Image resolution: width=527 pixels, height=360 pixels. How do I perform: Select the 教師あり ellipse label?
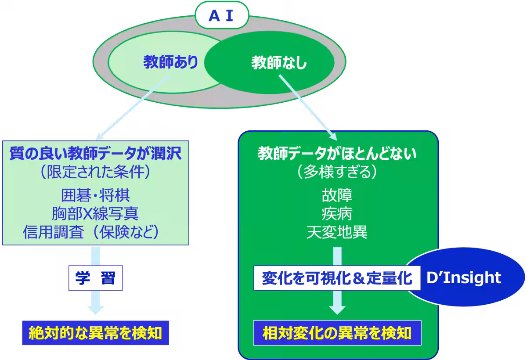170,63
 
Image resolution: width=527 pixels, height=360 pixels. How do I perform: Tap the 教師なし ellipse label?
279,63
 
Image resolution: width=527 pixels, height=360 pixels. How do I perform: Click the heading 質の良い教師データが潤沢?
95,154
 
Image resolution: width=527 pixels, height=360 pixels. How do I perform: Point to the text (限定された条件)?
95,172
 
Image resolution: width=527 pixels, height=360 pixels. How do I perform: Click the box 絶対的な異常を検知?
95,333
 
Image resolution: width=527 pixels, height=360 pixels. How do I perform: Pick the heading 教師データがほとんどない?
337,154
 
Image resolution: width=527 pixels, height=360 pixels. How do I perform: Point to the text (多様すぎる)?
337,172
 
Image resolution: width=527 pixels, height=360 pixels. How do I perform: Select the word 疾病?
337,214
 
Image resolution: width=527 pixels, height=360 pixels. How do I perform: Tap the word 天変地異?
337,232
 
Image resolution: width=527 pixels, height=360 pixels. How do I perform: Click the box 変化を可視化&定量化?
336,278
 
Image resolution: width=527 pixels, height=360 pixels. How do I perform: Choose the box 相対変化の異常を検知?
337,333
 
